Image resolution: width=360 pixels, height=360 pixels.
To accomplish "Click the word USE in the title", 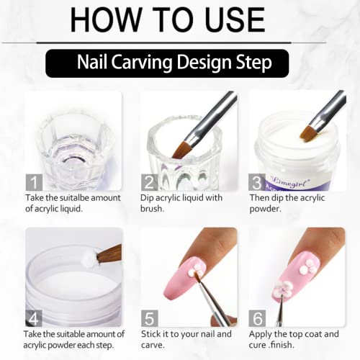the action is (x=235, y=19).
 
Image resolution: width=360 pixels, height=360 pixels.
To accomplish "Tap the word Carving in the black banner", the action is (x=142, y=63).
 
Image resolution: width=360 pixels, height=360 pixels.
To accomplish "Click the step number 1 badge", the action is (x=34, y=182).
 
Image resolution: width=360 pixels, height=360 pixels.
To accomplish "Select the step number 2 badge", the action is (x=149, y=182).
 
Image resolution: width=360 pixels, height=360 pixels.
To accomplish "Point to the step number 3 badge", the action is (x=257, y=182).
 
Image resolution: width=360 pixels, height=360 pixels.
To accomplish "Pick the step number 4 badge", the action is (x=34, y=318).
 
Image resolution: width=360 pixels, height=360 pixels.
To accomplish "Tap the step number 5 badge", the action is (x=149, y=318).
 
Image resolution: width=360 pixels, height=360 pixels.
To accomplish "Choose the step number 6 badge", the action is (x=257, y=318).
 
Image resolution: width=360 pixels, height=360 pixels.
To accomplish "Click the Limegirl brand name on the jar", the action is (x=290, y=181).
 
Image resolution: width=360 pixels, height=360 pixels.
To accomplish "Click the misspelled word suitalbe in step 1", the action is (x=74, y=198).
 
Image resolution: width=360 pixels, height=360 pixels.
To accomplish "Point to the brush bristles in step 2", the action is (x=181, y=150).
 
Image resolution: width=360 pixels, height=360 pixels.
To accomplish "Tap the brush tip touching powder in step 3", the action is (x=307, y=135).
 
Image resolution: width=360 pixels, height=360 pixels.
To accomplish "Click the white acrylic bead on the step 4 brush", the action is (x=88, y=258).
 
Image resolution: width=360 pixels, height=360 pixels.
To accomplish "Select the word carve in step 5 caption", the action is (x=152, y=346).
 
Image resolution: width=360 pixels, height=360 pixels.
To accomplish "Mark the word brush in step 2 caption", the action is (x=151, y=209).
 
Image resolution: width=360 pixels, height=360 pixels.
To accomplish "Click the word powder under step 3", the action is (x=265, y=210).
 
